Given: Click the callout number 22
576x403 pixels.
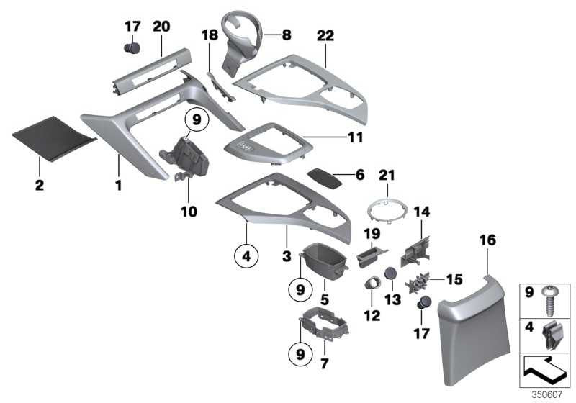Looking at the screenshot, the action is click(325, 36).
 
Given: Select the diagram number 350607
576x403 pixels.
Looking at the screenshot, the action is click(547, 394).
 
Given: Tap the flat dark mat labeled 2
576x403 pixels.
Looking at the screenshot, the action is click(54, 138).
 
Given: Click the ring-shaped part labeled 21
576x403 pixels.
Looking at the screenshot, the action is click(387, 211).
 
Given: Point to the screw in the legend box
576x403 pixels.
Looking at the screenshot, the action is click(551, 300).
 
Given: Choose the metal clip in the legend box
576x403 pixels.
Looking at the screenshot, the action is click(551, 335).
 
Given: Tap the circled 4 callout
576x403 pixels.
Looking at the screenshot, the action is click(246, 255).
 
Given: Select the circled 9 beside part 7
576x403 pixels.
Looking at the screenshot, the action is click(300, 354).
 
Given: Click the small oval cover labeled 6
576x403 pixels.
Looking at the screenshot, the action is click(325, 178).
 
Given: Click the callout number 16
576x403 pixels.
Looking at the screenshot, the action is click(487, 240).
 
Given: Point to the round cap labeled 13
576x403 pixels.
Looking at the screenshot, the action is click(390, 273).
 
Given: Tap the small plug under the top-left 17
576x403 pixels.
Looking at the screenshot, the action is click(132, 48).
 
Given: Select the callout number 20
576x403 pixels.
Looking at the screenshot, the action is click(161, 27).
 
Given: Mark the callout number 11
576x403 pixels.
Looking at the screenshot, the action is click(355, 137).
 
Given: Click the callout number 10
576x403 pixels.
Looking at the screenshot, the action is click(189, 212).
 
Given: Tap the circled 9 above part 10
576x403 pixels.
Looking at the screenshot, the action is click(197, 119).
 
